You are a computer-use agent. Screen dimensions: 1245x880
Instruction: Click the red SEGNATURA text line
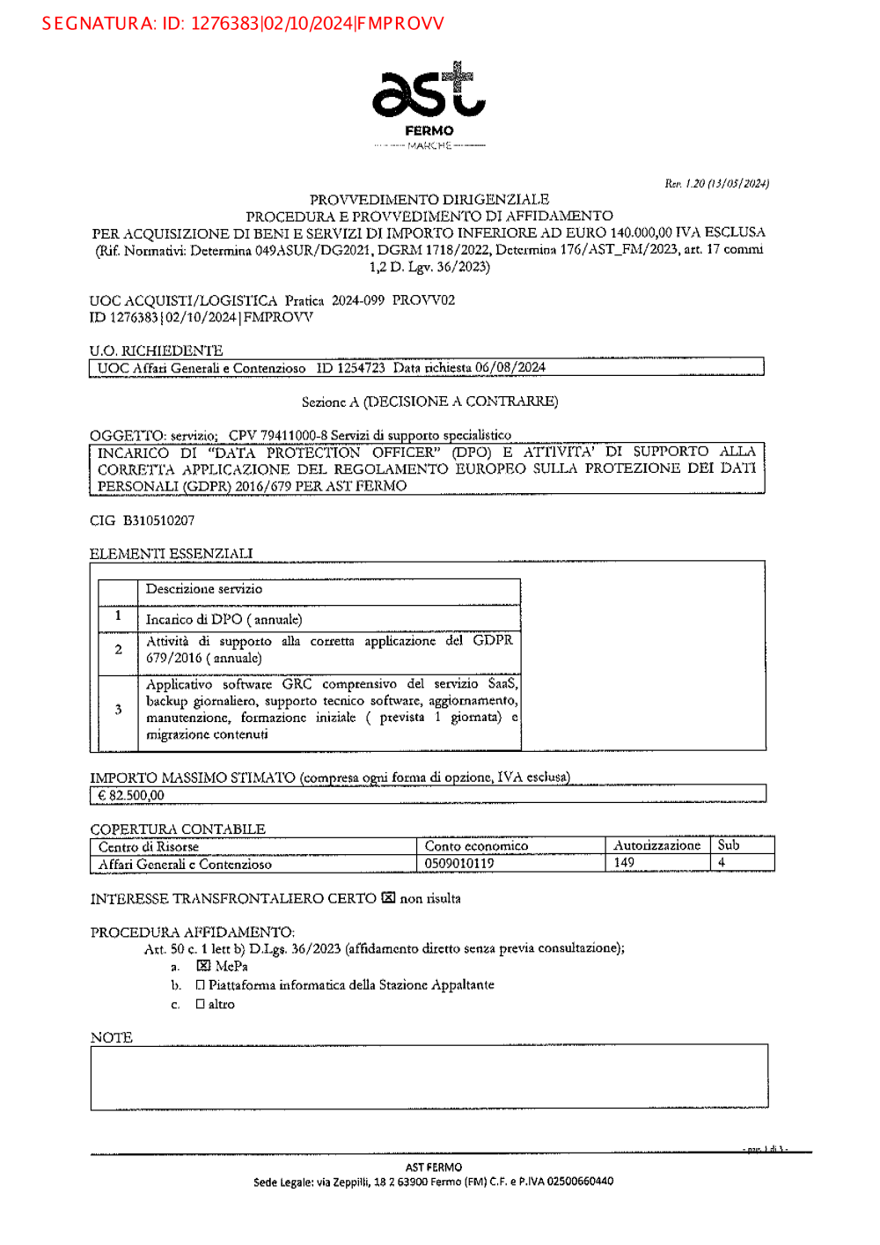[243, 24]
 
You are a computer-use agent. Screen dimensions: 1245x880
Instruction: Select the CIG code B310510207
[158, 520]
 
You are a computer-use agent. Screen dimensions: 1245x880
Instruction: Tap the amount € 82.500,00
[131, 795]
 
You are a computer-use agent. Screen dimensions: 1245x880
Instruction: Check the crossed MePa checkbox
[203, 966]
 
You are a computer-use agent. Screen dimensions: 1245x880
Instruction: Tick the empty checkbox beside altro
[201, 1004]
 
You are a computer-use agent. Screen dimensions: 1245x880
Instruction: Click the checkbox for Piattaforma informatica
[201, 985]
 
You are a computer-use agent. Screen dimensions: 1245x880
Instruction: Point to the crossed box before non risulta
[388, 898]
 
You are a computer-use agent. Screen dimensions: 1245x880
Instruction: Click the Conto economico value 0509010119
[459, 864]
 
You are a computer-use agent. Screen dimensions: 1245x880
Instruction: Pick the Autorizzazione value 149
[624, 863]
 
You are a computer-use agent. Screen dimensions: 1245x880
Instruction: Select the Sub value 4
[722, 863]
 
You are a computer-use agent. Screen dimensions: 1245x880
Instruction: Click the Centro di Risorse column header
[149, 847]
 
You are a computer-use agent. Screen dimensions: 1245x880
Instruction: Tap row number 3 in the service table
[118, 710]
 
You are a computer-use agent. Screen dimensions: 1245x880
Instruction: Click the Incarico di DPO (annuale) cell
[224, 619]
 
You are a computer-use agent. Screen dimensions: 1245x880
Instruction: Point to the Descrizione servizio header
[204, 589]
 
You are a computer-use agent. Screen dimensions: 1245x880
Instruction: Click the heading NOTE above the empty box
[112, 1037]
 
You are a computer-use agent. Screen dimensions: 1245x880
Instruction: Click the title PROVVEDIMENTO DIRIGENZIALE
[429, 200]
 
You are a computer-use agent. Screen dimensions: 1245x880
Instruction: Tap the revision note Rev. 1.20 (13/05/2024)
[716, 183]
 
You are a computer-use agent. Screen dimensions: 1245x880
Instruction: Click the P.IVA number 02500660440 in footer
[580, 1182]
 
